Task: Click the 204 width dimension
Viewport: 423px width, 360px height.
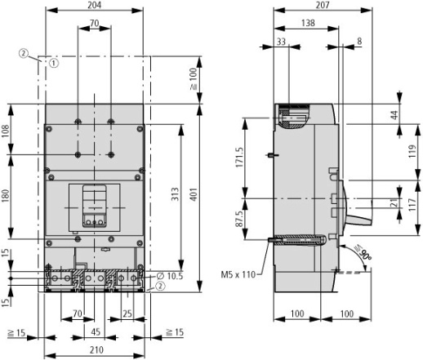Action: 94,5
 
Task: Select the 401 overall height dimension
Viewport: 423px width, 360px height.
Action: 194,194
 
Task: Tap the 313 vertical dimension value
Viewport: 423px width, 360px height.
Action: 175,194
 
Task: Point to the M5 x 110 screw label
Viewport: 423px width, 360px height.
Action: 238,274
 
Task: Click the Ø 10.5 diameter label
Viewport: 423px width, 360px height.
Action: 170,276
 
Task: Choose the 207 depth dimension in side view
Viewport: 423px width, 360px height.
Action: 323,5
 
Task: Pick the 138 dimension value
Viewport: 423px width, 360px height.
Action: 308,23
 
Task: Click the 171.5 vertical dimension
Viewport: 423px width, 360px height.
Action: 239,158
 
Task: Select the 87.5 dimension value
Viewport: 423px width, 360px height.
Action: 239,219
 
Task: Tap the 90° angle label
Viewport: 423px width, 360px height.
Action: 363,253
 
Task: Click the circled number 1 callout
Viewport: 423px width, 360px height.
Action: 54,63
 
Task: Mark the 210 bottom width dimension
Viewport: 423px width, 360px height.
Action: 96,349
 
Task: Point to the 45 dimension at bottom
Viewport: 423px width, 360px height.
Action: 96,332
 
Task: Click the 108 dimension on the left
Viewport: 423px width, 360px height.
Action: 6,131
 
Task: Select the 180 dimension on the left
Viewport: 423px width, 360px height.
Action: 6,195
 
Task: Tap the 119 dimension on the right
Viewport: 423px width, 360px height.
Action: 412,151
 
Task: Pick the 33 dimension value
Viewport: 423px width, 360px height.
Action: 281,42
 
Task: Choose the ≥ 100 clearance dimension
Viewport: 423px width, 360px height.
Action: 194,79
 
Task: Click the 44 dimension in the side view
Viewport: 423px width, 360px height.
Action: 395,114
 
